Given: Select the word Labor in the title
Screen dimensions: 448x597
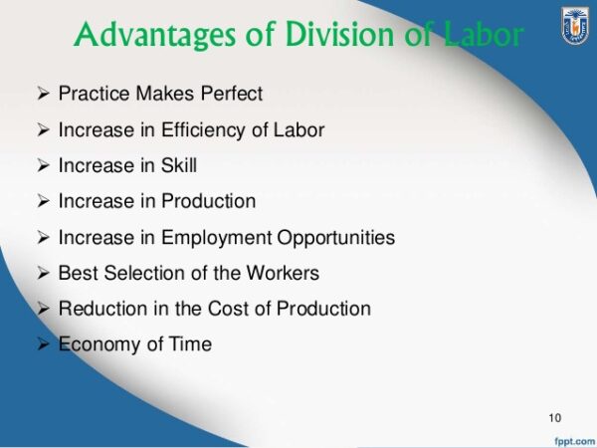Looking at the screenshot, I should tap(485, 35).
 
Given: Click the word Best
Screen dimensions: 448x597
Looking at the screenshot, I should tap(77, 273).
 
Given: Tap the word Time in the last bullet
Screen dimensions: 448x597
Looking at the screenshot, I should tap(189, 344).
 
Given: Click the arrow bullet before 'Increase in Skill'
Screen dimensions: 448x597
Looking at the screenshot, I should tap(43, 165).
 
